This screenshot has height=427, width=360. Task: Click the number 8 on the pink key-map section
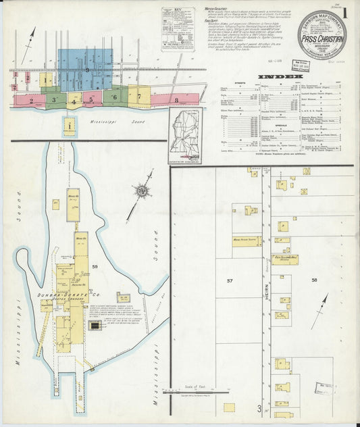point(176,100)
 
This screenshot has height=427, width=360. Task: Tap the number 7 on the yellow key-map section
point(139,96)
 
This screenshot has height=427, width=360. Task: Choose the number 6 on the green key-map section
point(115,97)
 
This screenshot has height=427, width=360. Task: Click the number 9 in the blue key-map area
point(86,70)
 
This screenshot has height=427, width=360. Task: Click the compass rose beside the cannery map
point(142,193)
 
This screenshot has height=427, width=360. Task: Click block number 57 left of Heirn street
point(230,280)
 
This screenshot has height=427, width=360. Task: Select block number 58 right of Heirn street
point(313,279)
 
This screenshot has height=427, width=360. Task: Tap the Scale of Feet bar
point(191,391)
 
